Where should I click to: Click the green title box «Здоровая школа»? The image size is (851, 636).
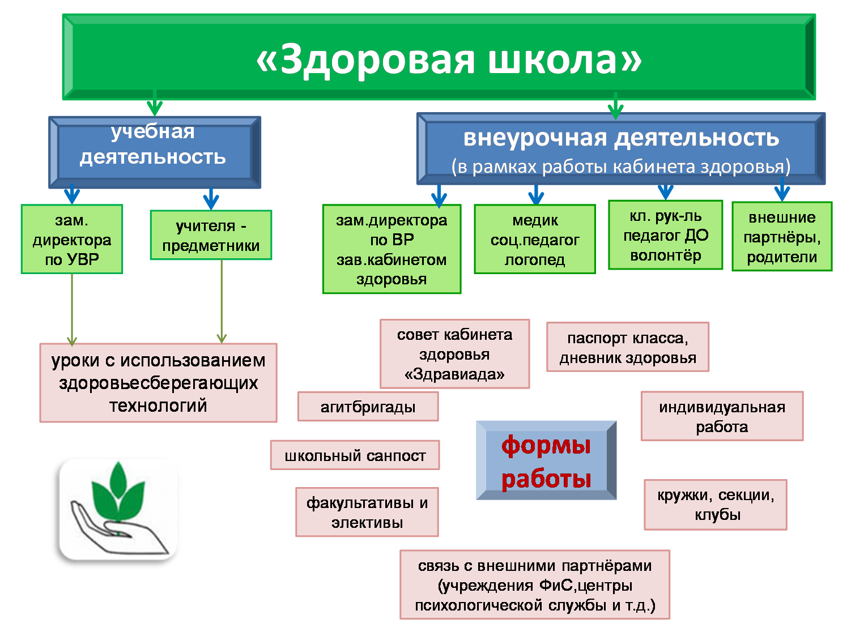(439, 57)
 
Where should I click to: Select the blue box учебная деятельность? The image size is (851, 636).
(154, 152)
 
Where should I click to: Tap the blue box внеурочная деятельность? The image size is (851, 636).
(620, 149)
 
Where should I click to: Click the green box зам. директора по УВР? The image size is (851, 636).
(72, 239)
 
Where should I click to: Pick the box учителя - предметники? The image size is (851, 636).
(211, 235)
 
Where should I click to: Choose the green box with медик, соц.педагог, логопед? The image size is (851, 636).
(535, 239)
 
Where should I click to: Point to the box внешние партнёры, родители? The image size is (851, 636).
(782, 236)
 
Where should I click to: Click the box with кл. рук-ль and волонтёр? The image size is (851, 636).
(665, 235)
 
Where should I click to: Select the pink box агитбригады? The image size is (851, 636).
(368, 407)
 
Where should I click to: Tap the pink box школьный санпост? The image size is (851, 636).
(355, 455)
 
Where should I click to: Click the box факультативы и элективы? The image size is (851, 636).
(367, 512)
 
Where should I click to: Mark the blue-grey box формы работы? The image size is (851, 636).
(546, 460)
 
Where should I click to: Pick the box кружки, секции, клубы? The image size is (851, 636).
(716, 505)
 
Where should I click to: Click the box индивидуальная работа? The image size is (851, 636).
(722, 416)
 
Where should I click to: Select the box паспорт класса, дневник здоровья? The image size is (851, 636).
(627, 347)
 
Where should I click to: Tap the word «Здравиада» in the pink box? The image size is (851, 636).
(454, 374)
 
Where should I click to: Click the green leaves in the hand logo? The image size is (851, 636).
(118, 490)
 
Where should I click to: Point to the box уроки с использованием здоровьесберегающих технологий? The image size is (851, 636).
(158, 383)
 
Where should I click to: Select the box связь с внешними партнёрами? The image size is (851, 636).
(535, 584)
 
